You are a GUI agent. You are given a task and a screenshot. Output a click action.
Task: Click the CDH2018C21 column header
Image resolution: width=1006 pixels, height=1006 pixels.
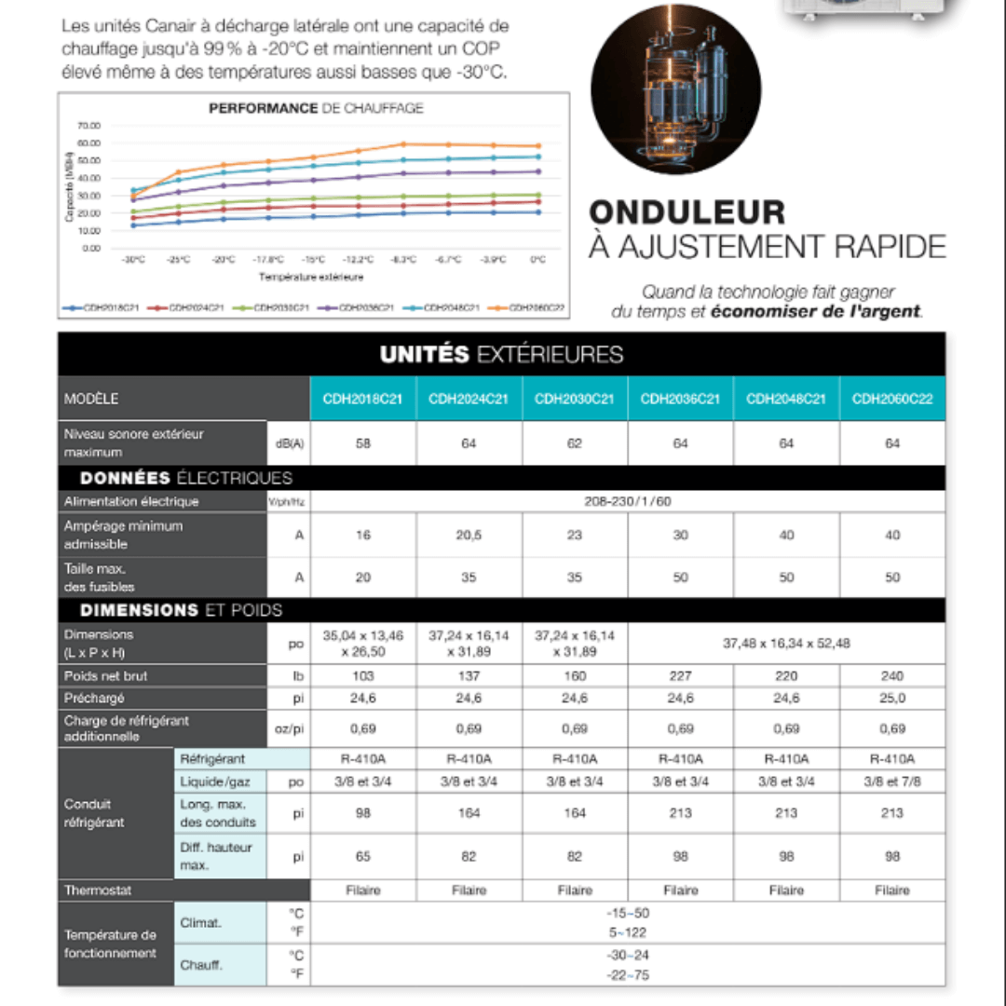click(363, 399)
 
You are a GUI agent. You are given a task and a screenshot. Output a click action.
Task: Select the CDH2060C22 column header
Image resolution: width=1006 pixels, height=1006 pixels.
click(891, 399)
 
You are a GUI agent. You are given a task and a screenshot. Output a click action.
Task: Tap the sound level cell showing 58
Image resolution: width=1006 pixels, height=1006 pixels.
click(363, 443)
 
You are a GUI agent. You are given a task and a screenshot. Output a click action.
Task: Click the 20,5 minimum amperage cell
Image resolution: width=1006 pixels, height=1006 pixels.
click(469, 535)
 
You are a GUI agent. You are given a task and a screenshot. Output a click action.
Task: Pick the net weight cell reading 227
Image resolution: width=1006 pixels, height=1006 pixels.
click(680, 675)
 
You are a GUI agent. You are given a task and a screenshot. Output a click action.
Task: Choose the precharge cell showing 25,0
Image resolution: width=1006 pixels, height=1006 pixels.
click(891, 698)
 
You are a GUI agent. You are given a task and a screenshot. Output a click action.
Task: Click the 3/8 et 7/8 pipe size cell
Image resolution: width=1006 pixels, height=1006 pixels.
click(891, 782)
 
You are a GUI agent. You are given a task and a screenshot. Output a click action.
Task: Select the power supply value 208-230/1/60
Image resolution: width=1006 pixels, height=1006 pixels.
click(628, 501)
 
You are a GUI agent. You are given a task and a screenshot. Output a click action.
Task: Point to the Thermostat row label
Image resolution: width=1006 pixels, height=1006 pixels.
click(98, 890)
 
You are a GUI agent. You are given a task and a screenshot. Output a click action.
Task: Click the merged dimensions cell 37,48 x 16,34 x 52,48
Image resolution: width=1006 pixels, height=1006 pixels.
click(786, 643)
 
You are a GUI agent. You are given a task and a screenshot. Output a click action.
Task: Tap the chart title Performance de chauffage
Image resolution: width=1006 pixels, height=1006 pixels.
click(316, 108)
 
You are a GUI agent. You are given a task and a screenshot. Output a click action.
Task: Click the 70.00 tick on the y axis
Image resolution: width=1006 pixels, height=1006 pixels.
click(89, 126)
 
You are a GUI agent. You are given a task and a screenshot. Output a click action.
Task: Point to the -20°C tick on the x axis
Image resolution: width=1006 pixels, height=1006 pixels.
click(223, 260)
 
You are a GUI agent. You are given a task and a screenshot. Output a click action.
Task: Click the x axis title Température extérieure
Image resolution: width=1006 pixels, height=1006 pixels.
click(311, 277)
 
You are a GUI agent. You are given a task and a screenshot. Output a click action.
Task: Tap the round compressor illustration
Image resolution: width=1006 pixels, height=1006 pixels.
click(676, 89)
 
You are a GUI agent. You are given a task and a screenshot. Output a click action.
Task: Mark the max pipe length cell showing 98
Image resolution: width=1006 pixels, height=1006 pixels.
click(363, 813)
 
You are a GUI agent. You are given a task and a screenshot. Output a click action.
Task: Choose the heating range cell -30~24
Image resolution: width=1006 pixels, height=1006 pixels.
click(627, 955)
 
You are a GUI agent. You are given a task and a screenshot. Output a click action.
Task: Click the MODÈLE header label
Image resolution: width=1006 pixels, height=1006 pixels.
click(91, 399)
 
